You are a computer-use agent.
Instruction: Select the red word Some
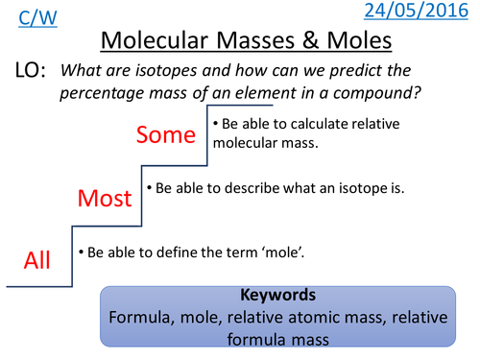click(x=166, y=134)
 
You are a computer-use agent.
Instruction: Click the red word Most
click(x=104, y=199)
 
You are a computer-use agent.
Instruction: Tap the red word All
click(x=36, y=260)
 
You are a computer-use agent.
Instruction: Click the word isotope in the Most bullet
click(x=352, y=188)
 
